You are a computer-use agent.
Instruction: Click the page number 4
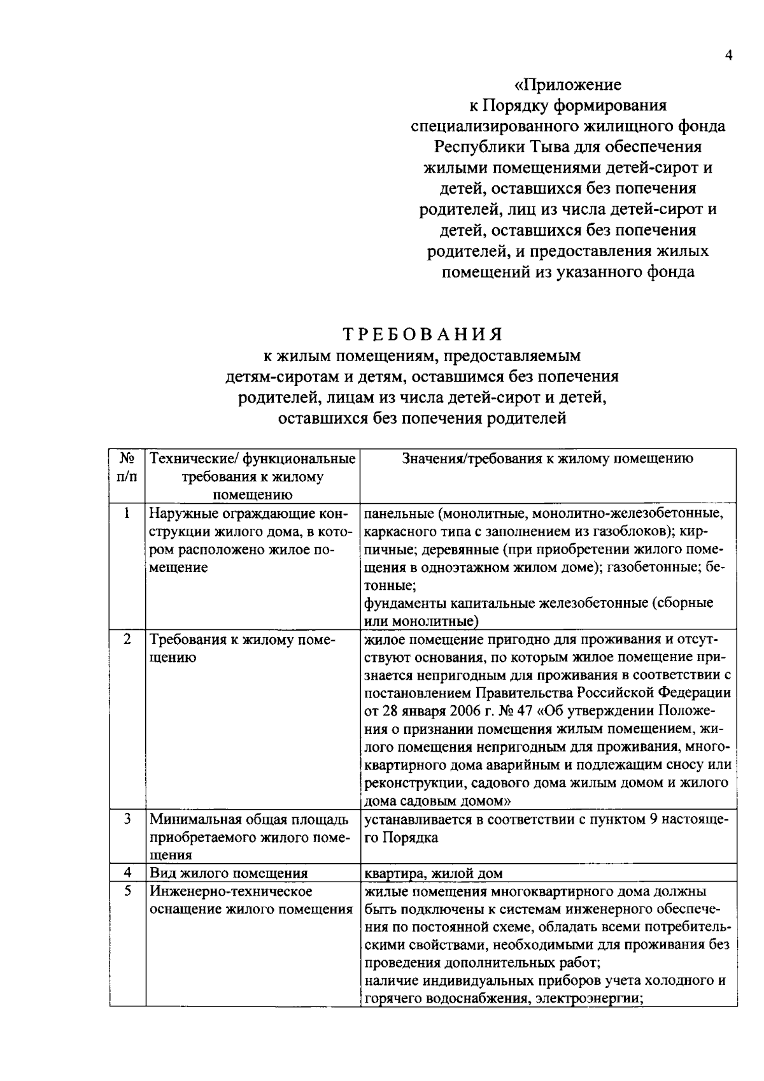pos(729,56)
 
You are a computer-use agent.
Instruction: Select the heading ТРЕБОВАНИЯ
pos(423,334)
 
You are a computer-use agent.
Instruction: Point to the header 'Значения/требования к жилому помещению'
pos(548,459)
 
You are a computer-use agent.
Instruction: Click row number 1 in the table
pos(127,513)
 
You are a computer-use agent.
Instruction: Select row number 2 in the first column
pos(127,639)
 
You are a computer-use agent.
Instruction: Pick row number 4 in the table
pos(127,872)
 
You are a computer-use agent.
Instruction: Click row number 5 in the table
pos(127,891)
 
